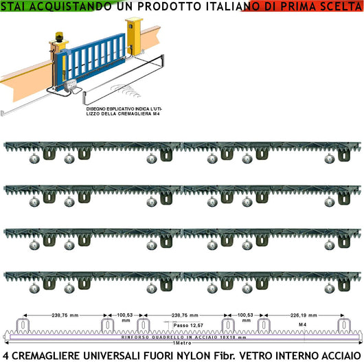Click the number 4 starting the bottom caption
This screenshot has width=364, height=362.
pyautogui.click(x=6, y=354)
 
